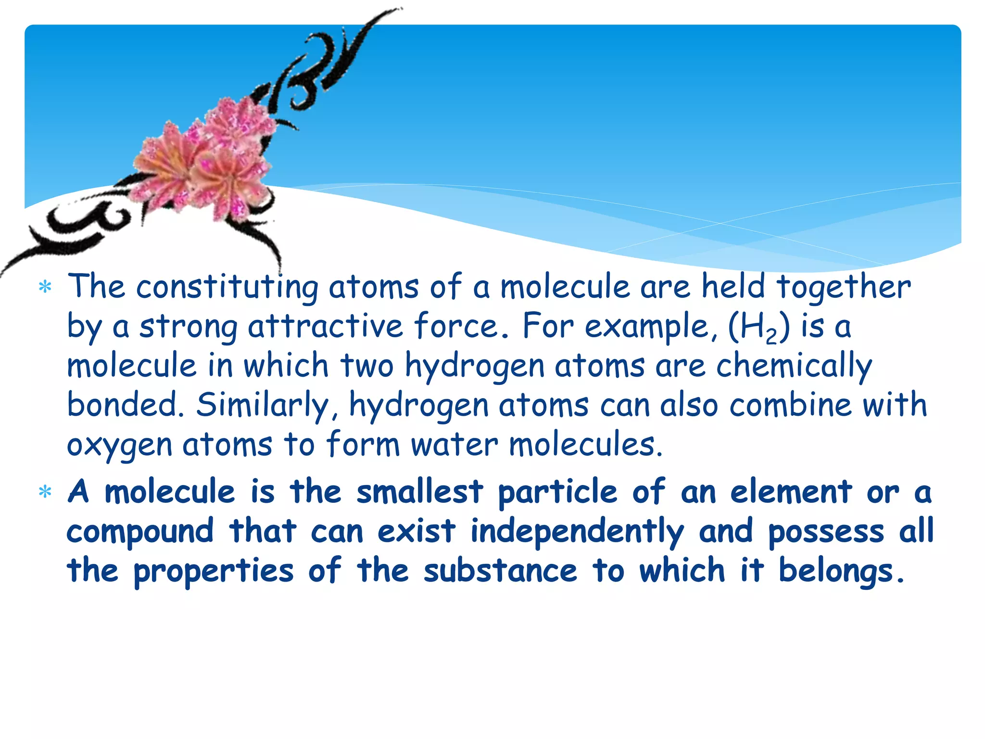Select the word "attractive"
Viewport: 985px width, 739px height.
point(325,326)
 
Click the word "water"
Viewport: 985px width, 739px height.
point(455,445)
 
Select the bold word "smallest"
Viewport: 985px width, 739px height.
point(420,492)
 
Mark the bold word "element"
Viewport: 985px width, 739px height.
point(791,492)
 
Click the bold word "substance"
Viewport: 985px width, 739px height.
point(500,571)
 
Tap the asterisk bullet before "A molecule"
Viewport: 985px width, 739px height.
point(45,492)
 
